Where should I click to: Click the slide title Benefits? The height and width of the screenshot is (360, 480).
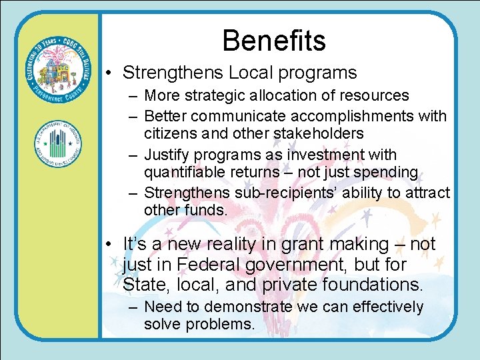(x=274, y=40)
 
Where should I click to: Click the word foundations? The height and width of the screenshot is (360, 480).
(x=372, y=285)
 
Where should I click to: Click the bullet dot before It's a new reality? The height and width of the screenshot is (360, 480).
(x=109, y=245)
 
